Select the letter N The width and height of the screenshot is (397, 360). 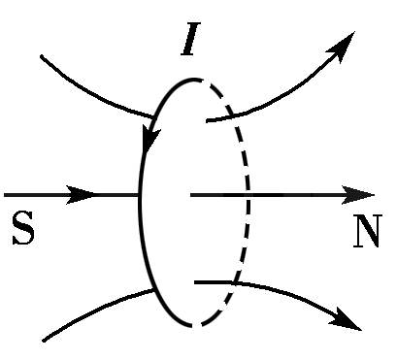click(x=366, y=233)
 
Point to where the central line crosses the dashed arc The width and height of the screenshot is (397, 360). click(x=250, y=195)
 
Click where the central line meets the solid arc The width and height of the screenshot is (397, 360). click(x=142, y=195)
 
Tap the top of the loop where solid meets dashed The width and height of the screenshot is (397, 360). click(x=198, y=79)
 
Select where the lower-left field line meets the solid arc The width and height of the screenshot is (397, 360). click(x=153, y=290)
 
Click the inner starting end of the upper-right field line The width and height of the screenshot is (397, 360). click(x=207, y=120)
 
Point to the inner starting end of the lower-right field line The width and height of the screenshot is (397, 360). click(x=197, y=282)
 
